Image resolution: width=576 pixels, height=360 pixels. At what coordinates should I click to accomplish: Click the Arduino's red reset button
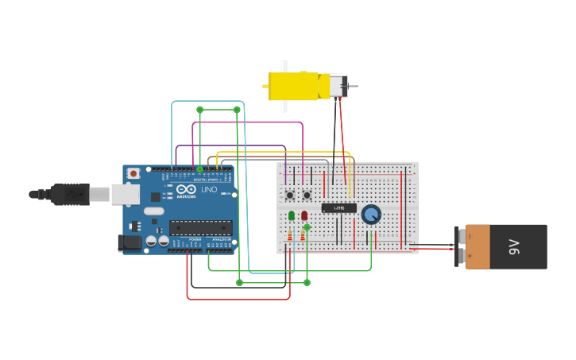pyautogui.click(x=133, y=172)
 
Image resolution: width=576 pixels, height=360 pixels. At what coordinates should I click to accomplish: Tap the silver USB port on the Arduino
pyautogui.click(x=125, y=193)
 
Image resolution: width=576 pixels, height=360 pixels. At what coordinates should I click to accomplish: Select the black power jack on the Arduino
pyautogui.click(x=130, y=243)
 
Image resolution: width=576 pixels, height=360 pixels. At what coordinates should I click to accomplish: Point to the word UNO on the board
pyautogui.click(x=209, y=190)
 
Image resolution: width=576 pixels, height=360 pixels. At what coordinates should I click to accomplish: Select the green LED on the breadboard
pyautogui.click(x=292, y=215)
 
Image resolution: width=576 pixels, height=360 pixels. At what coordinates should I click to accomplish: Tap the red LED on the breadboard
pyautogui.click(x=304, y=215)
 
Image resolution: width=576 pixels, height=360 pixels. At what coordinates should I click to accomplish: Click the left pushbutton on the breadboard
pyautogui.click(x=290, y=195)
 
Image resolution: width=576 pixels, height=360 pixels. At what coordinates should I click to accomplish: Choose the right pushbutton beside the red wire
pyautogui.click(x=306, y=195)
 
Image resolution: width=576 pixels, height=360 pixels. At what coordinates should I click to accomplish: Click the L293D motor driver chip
pyautogui.click(x=338, y=208)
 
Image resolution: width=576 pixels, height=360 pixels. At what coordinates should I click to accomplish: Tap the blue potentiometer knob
pyautogui.click(x=371, y=214)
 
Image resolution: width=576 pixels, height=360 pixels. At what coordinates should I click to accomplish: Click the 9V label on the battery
pyautogui.click(x=514, y=246)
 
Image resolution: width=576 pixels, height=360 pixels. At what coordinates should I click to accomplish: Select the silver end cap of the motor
pyautogui.click(x=338, y=86)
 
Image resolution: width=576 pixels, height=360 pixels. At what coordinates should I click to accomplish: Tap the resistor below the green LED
pyautogui.click(x=290, y=236)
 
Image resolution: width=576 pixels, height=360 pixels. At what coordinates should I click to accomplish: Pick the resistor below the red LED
pyautogui.click(x=303, y=235)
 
